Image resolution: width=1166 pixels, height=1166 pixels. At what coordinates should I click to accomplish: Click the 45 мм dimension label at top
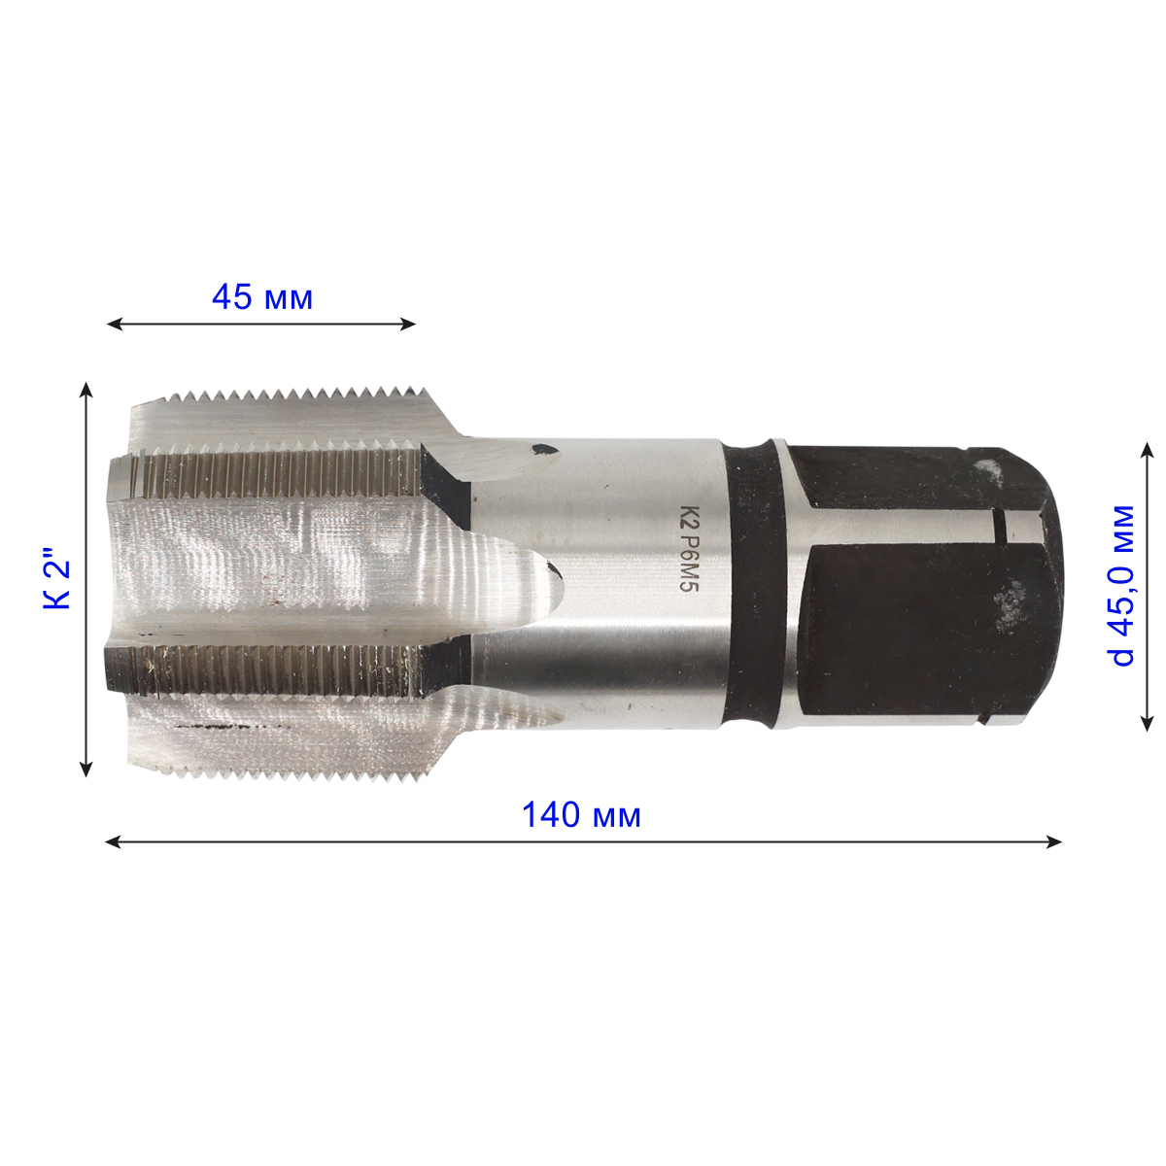(262, 297)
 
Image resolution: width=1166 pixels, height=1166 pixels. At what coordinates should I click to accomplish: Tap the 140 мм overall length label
(581, 815)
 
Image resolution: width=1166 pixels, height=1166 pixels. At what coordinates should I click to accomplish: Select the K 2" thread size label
(57, 579)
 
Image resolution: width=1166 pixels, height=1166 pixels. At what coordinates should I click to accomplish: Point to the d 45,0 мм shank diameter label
(1123, 585)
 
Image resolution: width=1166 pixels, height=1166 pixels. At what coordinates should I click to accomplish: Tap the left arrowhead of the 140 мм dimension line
(113, 842)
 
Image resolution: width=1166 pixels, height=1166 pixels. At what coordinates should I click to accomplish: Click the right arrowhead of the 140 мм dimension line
(1053, 842)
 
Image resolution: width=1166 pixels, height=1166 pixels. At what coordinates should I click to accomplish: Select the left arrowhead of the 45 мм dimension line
(115, 325)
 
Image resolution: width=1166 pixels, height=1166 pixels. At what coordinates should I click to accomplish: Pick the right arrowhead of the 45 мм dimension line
(408, 325)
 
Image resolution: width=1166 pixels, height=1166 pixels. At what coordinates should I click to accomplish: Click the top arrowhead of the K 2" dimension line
(87, 390)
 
